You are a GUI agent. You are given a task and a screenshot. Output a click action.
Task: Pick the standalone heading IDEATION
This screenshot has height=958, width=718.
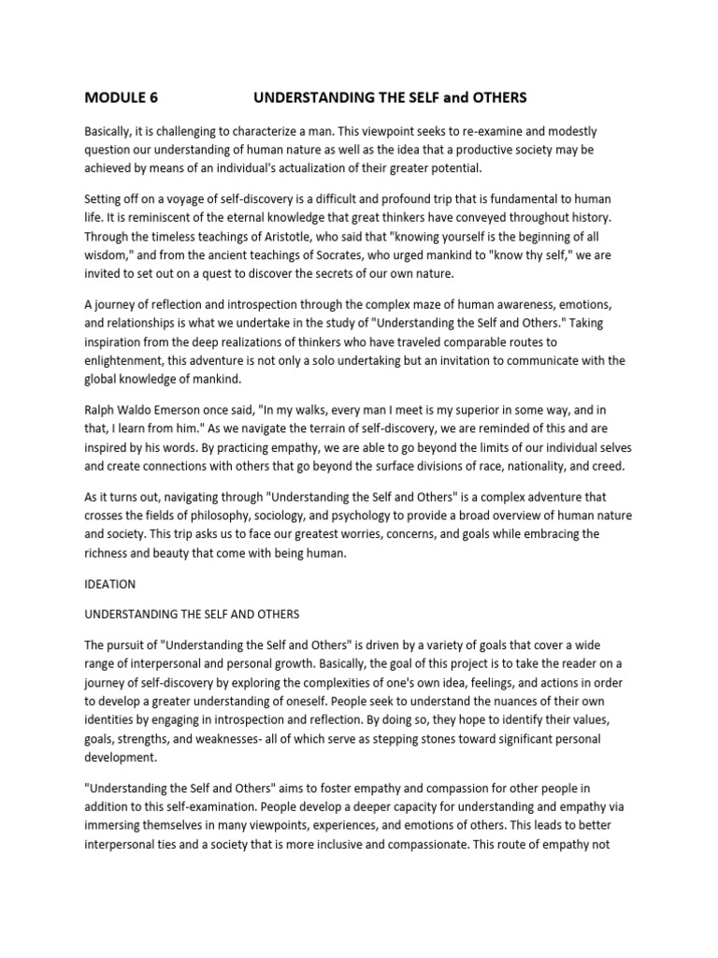[110, 585]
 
